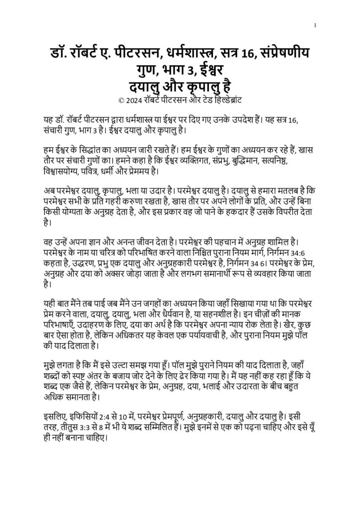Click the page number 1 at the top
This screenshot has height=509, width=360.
[316, 25]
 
